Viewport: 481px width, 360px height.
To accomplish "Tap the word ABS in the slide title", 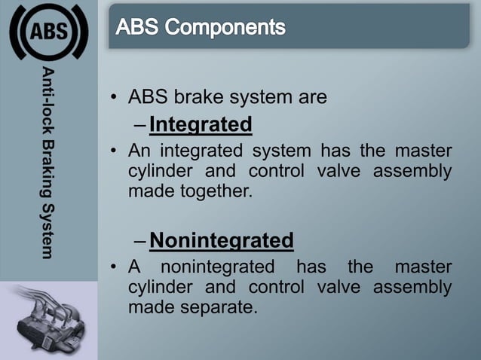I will (140, 29).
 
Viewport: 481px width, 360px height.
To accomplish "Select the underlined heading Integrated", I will (201, 123).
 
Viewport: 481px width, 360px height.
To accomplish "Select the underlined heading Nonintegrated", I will (222, 240).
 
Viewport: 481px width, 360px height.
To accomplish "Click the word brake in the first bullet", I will (201, 98).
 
